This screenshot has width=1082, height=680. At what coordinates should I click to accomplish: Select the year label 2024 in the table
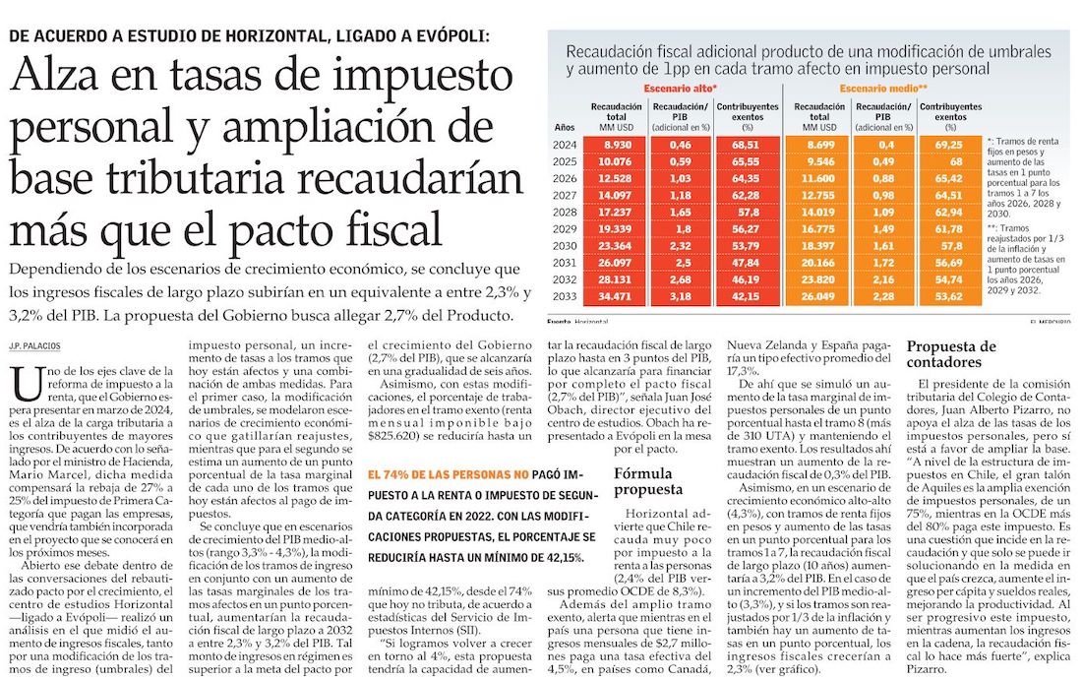tap(565, 145)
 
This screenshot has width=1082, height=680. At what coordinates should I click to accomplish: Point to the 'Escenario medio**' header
tap(883, 89)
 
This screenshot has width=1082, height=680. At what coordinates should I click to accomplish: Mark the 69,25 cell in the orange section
tap(949, 145)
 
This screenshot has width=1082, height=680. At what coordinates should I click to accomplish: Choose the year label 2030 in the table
tap(565, 245)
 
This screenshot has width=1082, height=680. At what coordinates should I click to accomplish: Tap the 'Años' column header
tap(565, 127)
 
